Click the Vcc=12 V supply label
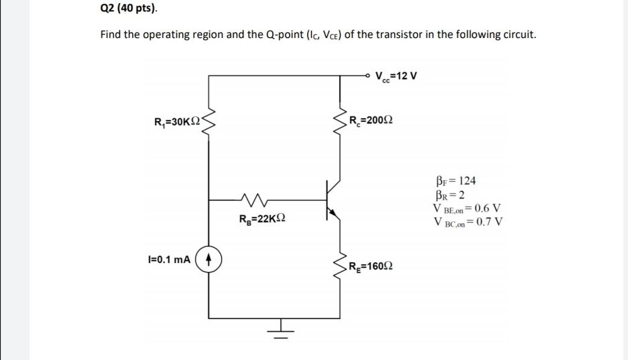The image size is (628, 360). (396, 77)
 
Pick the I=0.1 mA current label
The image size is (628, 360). (169, 259)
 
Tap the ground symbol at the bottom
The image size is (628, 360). (279, 330)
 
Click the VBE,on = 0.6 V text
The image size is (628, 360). (466, 209)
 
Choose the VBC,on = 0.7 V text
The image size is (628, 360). (468, 221)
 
